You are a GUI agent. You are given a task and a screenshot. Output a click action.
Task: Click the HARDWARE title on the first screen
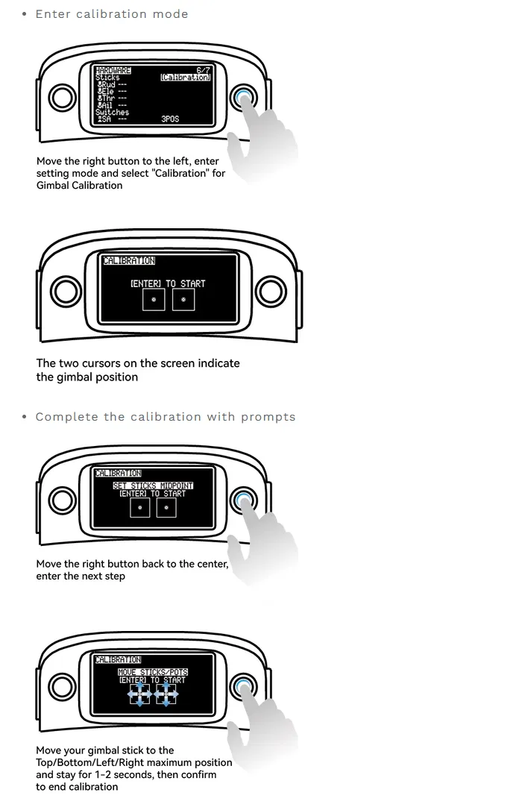pyautogui.click(x=113, y=71)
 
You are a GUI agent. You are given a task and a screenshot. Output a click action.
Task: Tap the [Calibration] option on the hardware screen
pyautogui.click(x=185, y=78)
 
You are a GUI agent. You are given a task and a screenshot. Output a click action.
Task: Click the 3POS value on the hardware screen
pyautogui.click(x=170, y=119)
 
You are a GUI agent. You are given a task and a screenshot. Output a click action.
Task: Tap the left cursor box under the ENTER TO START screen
pyautogui.click(x=154, y=300)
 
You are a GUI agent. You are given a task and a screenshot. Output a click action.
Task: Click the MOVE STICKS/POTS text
pyautogui.click(x=153, y=672)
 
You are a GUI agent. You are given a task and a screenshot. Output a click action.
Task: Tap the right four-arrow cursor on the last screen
pyautogui.click(x=166, y=694)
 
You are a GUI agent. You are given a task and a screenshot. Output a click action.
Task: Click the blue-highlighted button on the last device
pyautogui.click(x=243, y=687)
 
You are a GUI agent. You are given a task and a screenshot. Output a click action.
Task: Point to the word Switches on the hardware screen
pyautogui.click(x=112, y=112)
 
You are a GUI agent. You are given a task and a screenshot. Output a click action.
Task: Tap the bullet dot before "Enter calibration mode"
pyautogui.click(x=25, y=14)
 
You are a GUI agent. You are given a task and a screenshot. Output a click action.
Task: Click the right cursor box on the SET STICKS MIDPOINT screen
pyautogui.click(x=166, y=508)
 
